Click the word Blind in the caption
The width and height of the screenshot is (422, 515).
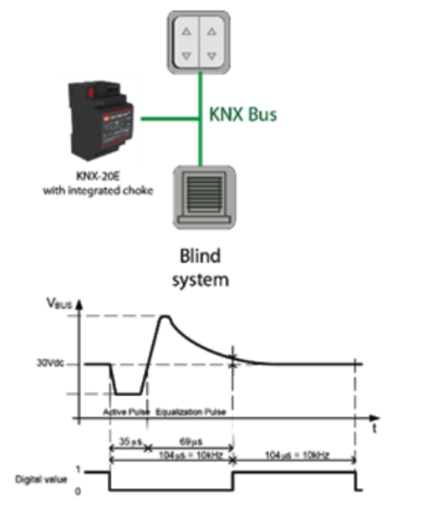[x=200, y=254]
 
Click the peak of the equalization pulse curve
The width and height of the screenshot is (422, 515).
[x=166, y=317]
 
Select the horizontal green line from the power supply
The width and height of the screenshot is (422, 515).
[x=170, y=118]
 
